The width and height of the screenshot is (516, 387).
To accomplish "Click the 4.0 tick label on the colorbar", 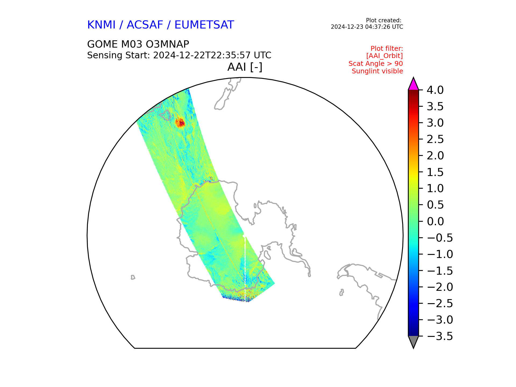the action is point(435,90).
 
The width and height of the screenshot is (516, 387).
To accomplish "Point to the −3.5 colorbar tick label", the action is point(440,336).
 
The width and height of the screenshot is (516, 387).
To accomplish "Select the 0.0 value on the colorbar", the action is point(435,221).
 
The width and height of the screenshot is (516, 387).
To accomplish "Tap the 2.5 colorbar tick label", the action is point(435,139).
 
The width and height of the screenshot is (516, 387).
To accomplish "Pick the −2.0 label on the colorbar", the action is point(440,287).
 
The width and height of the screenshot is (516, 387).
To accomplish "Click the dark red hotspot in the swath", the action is point(180,123).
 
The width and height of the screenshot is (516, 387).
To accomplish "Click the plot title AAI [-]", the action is point(245,67).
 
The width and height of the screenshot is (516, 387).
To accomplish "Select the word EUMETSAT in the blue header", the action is point(204,25).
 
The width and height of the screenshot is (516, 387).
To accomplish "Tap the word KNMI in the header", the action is point(101,25).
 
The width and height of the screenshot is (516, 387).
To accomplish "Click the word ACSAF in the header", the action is point(145,25).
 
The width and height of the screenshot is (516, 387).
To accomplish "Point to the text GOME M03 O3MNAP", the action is point(138,44).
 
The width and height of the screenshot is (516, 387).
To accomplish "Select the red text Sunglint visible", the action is point(377,71).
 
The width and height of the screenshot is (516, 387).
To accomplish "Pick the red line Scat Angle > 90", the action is point(376,64).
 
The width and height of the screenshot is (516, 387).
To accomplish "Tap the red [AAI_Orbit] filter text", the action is point(385,56).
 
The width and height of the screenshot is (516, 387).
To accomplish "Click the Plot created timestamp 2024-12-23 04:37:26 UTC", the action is point(367,27).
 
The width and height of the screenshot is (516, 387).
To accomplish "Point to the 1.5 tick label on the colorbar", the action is point(435,172).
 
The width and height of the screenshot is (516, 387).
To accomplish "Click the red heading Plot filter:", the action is point(387,49).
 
